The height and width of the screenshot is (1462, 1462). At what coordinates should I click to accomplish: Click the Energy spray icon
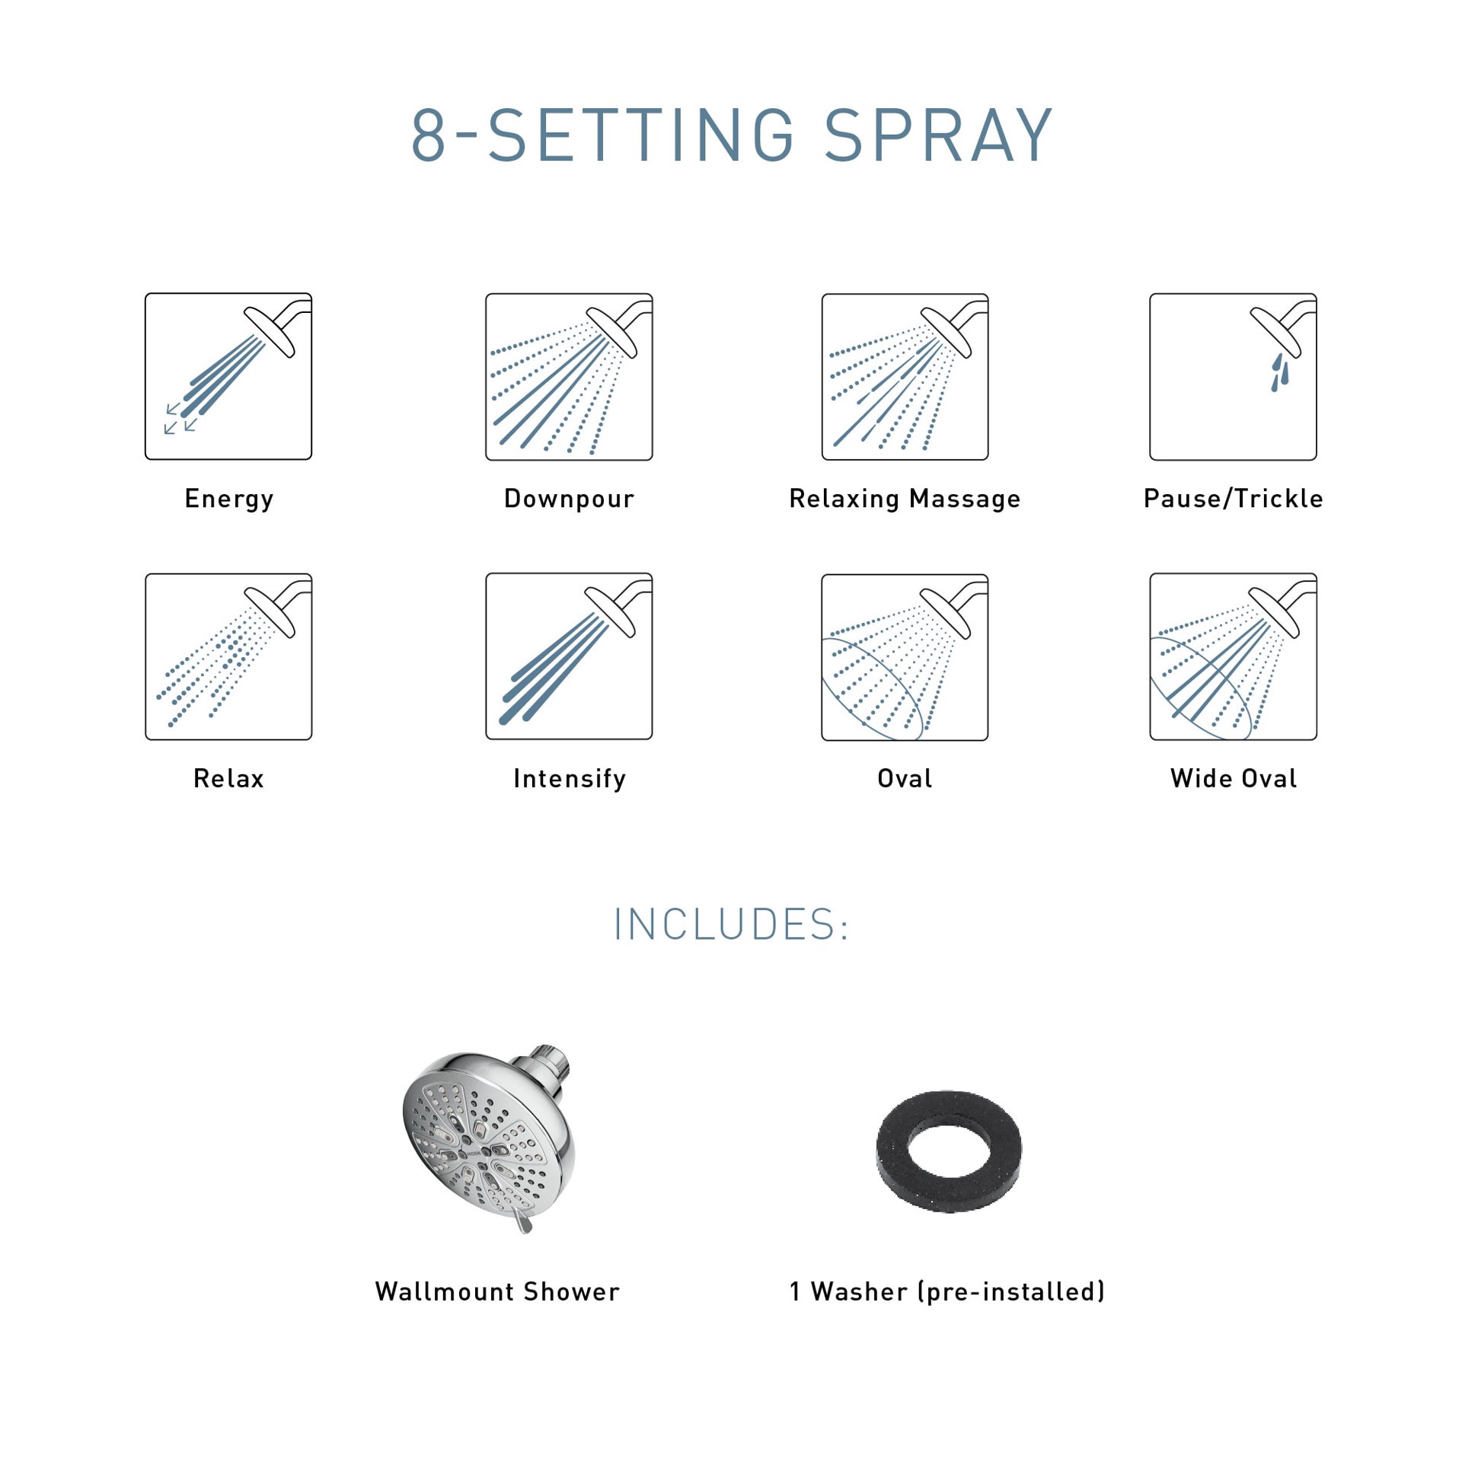228,376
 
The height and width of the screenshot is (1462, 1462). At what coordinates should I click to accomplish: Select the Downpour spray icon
569,376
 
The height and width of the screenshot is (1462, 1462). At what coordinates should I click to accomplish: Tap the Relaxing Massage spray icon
905,376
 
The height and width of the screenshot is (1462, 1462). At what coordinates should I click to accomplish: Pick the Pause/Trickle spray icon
1233,376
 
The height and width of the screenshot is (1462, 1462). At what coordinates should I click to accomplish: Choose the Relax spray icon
228,656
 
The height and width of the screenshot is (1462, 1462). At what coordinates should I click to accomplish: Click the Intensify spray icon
569,656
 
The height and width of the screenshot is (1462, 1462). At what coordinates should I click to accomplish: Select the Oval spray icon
905,656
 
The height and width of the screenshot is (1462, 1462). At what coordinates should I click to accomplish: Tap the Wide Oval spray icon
1233,656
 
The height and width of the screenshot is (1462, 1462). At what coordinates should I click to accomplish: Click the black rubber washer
949,1151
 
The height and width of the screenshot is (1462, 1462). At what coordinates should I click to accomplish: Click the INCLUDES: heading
731,925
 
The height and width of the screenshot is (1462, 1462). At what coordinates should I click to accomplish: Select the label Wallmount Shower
497,1291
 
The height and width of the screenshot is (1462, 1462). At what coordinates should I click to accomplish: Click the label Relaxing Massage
905,499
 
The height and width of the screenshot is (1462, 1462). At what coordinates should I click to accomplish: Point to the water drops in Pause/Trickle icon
1280,372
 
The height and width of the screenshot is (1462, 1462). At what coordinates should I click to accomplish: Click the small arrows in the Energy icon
180,419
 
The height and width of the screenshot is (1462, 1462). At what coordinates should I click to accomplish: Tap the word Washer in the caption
859,1291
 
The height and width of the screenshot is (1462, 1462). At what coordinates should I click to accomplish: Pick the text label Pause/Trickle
1233,499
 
